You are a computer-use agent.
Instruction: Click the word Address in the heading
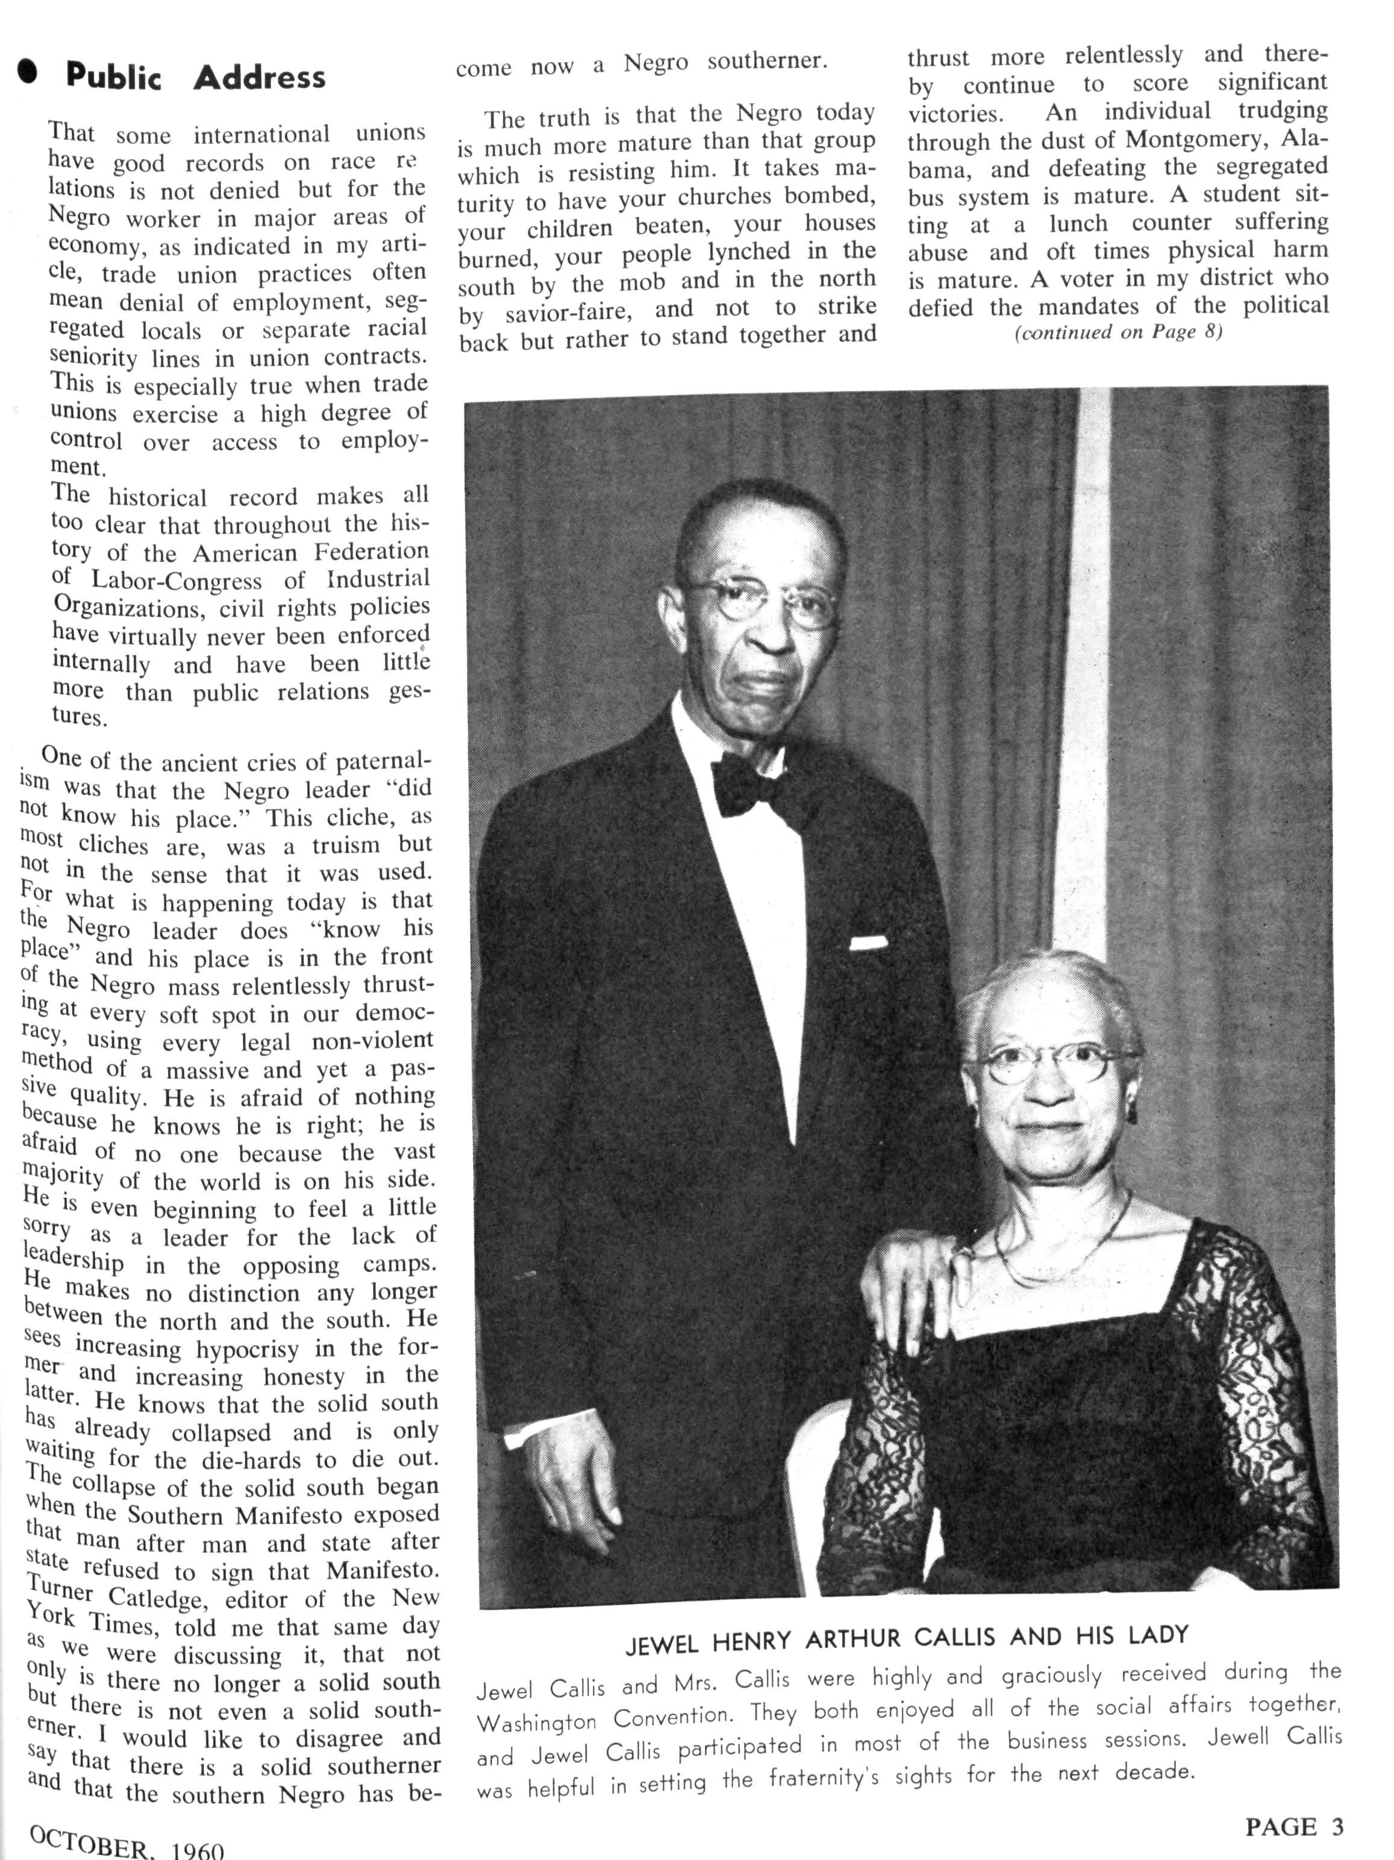259,77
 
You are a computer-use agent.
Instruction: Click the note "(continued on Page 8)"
1117,331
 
